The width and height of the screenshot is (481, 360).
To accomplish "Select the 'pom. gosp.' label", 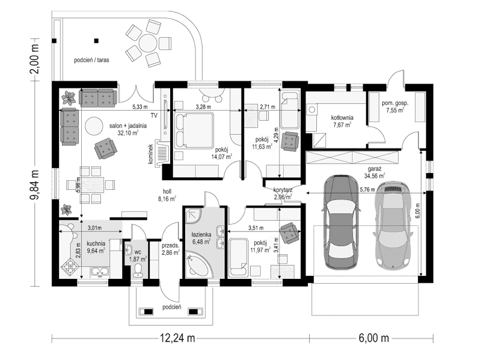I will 395,103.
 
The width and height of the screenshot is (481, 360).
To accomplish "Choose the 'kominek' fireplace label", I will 155,153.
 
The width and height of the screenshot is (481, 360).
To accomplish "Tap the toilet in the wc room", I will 138,269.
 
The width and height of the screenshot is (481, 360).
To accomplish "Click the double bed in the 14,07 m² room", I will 195,128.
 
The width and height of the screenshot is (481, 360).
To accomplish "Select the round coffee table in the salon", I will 94,125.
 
